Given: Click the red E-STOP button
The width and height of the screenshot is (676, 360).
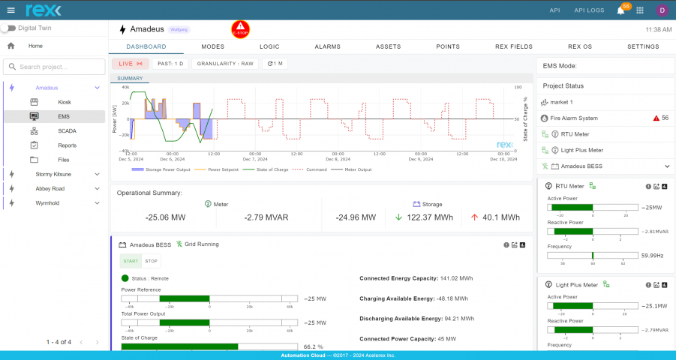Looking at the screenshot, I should [241, 29].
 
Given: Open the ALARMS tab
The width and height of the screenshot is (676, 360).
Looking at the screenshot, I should [327, 46].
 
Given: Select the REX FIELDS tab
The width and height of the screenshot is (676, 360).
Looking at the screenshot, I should [513, 46].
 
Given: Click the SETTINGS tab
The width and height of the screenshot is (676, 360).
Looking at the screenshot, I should [643, 46].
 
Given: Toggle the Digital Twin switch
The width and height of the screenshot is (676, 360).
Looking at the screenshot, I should [9, 28].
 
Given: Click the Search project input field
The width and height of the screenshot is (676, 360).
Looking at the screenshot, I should [54, 67].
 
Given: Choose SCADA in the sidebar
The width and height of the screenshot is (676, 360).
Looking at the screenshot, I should [67, 130].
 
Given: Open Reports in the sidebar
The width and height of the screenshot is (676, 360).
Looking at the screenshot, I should [67, 145].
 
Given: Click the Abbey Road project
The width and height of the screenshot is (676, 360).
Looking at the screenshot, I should [50, 188].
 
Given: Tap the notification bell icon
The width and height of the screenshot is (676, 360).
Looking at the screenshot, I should [620, 10].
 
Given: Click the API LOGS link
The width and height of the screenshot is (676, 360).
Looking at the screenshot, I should [590, 10].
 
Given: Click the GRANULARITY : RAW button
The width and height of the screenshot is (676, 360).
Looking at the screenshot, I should [224, 64].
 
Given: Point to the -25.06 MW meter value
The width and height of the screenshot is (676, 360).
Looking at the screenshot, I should [164, 217].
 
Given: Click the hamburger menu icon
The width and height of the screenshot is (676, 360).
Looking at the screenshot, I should [11, 10].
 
